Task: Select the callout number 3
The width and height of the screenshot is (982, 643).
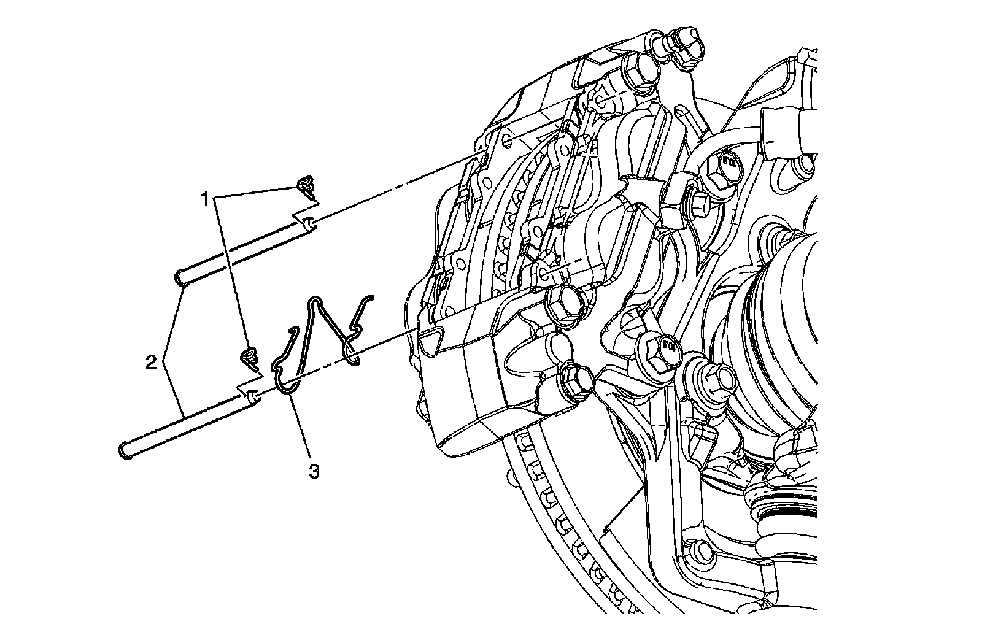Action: (x=313, y=471)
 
